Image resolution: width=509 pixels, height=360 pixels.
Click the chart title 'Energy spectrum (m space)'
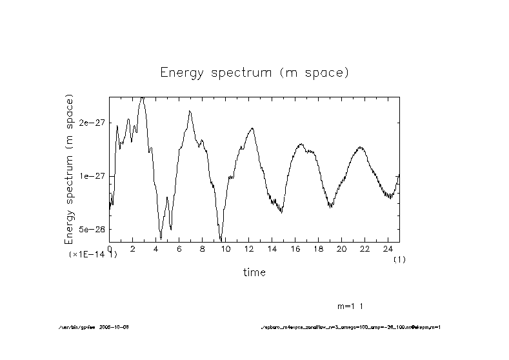coord(254,72)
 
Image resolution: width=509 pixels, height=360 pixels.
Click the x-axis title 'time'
coord(254,272)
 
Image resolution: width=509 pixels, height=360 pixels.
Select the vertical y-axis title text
coord(70,169)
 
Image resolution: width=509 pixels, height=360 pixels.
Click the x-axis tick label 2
coord(133,249)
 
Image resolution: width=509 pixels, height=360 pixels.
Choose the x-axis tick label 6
coord(179,249)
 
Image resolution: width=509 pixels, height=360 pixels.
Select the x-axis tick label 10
coord(225,249)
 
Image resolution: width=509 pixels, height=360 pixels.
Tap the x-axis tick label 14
coord(272,249)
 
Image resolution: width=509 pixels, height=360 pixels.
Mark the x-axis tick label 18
coord(318,249)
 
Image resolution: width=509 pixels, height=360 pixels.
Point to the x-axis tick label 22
coord(364,249)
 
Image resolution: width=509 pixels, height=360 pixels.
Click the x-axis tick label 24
coord(388,249)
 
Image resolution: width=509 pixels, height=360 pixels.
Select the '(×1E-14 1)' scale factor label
coord(93,255)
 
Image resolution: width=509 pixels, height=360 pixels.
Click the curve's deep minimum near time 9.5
coord(221,239)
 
